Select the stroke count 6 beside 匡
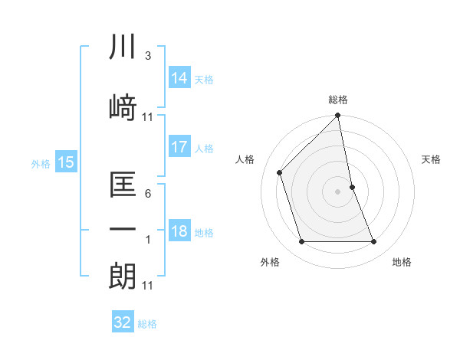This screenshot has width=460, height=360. point(147,195)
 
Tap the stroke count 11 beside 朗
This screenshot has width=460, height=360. point(148,285)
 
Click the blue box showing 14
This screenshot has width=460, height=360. point(179,78)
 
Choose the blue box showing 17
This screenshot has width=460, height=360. point(179,147)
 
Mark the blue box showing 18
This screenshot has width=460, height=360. point(179,231)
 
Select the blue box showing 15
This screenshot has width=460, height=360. point(65,162)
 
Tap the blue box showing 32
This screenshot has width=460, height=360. point(123,322)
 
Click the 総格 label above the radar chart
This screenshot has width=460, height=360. point(338,100)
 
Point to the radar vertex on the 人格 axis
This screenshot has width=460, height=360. point(280,172)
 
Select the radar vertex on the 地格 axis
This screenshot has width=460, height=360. point(374,242)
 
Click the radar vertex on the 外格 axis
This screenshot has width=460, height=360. point(301,242)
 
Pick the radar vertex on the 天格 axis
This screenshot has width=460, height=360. point(352,187)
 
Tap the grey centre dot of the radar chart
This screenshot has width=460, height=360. point(338,191)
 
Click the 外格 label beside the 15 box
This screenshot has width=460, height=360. point(40,163)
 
